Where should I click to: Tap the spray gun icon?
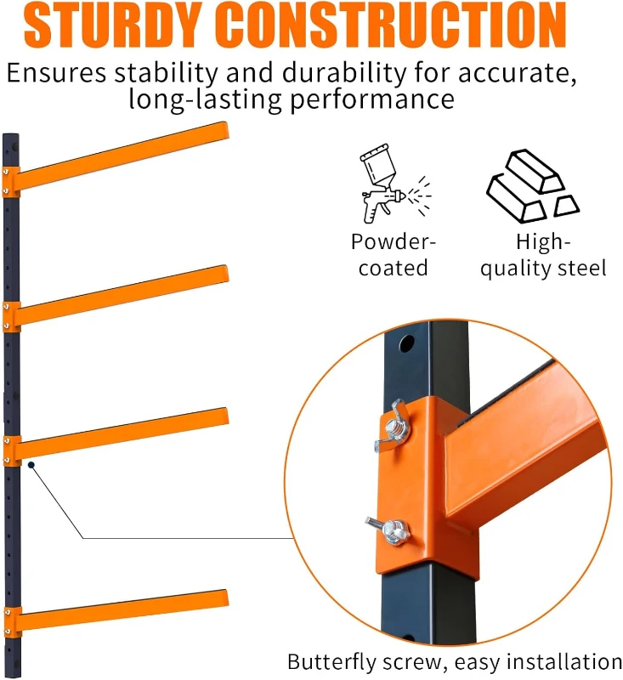388,187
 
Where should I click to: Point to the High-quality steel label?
538,255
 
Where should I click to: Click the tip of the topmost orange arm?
224,133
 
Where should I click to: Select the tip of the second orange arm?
224,276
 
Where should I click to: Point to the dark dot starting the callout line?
31,465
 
